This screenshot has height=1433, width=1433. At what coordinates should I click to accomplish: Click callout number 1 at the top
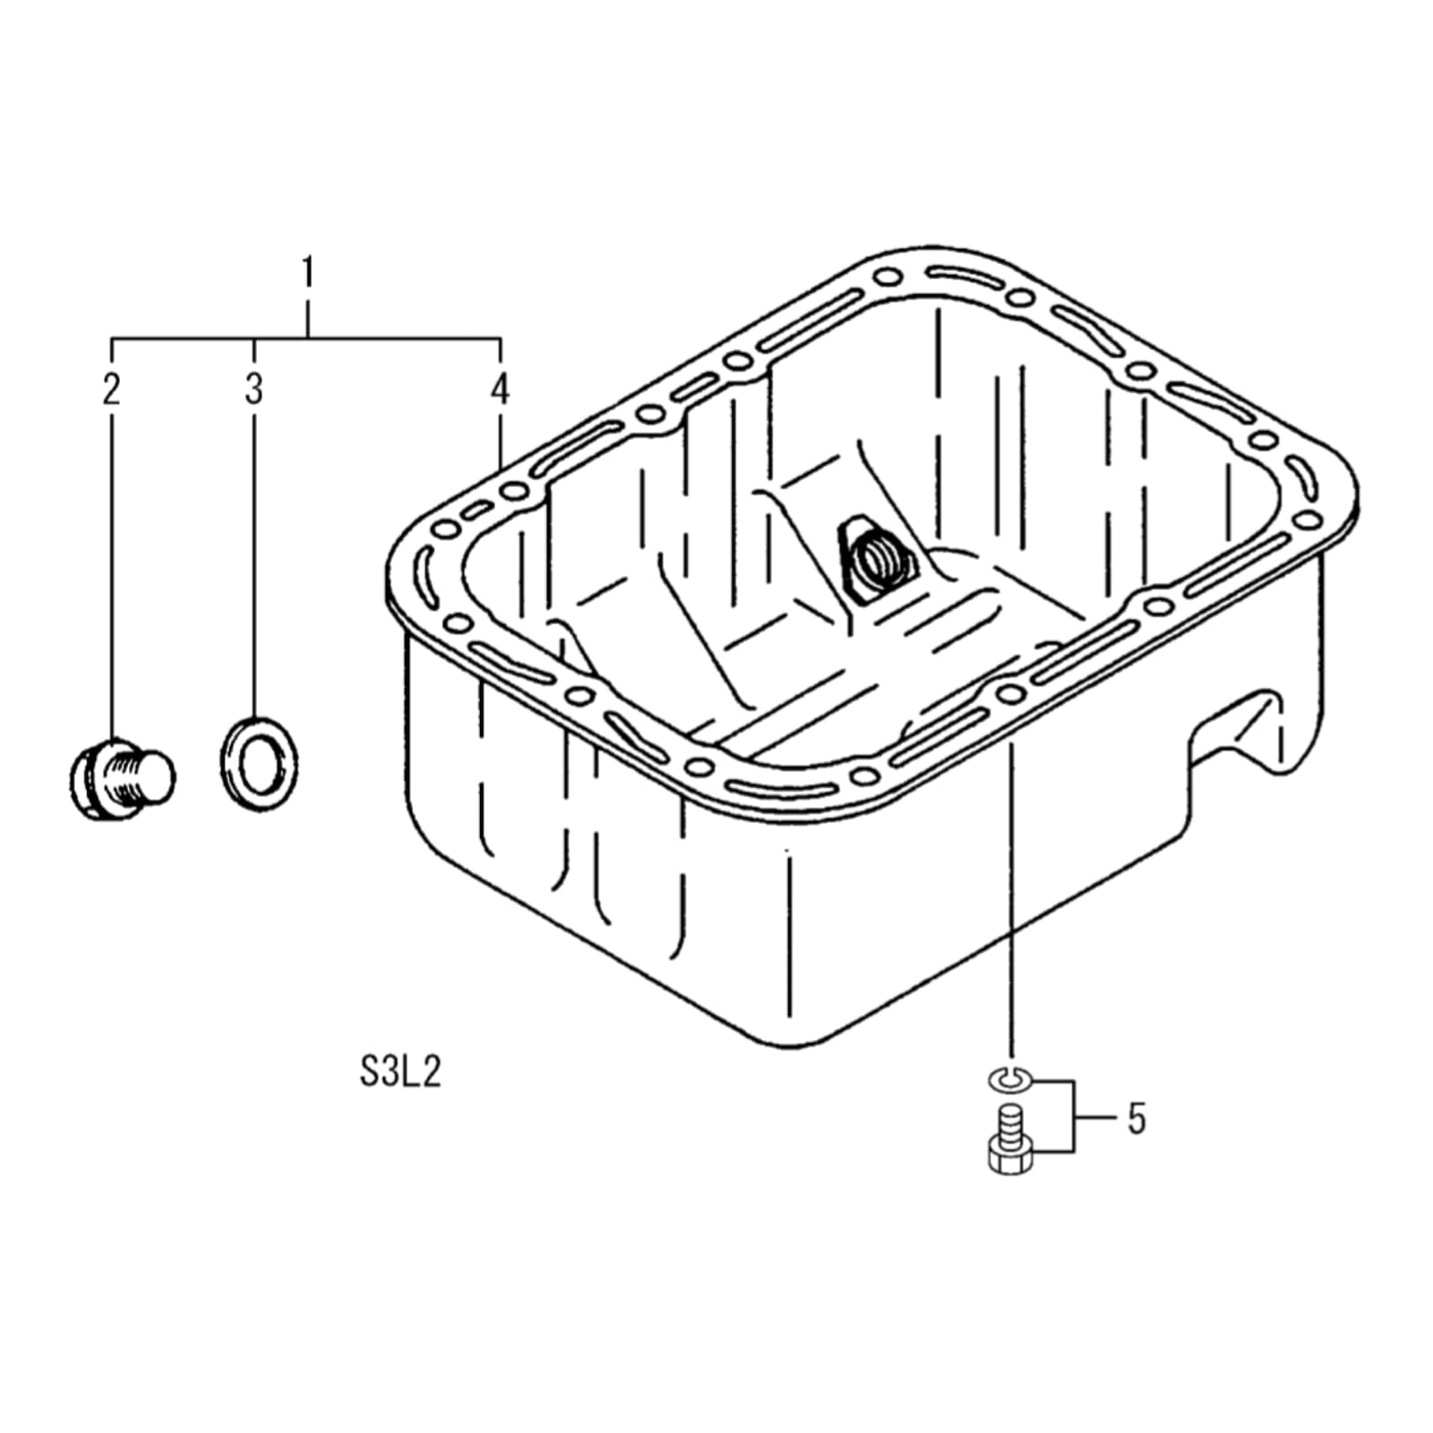(308, 272)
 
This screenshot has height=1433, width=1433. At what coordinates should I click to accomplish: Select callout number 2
(111, 389)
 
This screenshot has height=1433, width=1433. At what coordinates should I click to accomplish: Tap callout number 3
(254, 389)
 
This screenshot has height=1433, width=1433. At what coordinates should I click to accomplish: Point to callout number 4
(500, 389)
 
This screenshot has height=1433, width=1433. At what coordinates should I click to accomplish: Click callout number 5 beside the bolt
(1137, 1119)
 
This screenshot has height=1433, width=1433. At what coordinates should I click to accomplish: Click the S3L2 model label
(400, 1072)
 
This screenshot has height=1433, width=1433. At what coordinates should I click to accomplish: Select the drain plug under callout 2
(122, 778)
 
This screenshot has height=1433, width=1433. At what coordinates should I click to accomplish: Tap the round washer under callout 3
(260, 765)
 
